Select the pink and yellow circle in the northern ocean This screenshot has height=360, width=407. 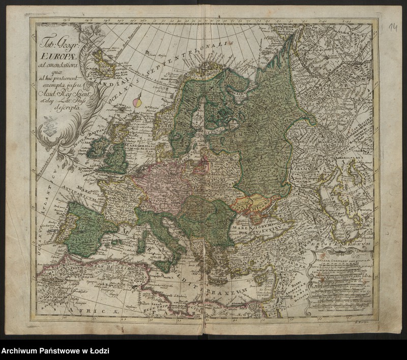[137, 102]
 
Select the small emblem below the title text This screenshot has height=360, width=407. [51, 123]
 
